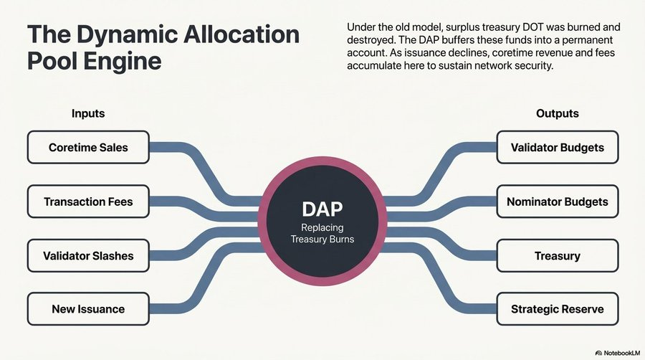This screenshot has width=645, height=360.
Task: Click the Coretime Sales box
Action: point(88,148)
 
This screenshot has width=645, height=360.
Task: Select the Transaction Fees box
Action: point(88,202)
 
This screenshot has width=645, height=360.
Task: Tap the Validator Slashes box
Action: point(88,255)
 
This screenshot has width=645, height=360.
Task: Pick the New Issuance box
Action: point(88,309)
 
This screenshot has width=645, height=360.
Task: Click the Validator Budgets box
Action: point(557,148)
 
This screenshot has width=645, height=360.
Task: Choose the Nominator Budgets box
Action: point(557,202)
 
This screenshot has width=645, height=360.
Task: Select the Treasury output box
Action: point(557,255)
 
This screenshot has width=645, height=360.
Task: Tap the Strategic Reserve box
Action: point(557,309)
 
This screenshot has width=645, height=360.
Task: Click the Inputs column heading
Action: point(88,113)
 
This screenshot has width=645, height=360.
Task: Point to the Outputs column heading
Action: point(557,113)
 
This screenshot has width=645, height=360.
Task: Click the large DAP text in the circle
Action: point(322,209)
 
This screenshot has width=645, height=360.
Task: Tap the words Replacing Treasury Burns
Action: point(322,234)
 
